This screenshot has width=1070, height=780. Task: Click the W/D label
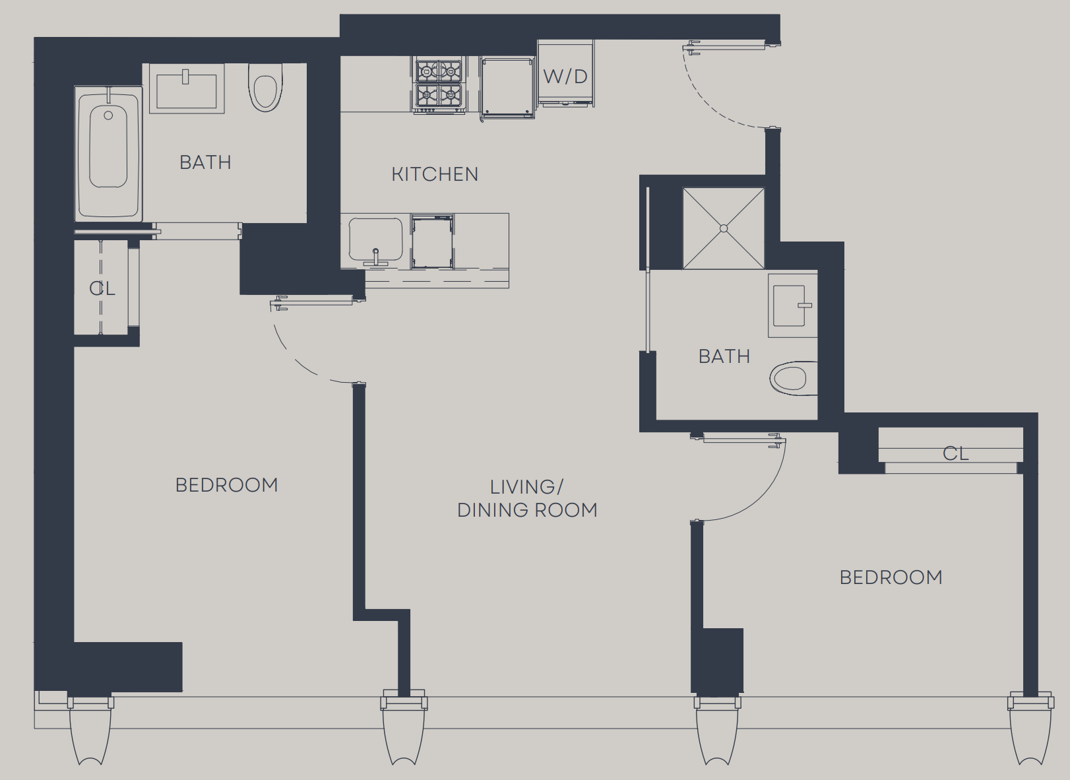tap(565, 77)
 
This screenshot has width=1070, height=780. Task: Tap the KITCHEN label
tap(435, 174)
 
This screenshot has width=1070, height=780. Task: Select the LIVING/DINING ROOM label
tap(527, 498)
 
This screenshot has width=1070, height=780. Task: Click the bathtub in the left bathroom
tap(108, 153)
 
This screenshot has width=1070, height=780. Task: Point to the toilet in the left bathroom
tap(265, 88)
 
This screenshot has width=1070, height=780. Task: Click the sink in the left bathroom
tap(187, 88)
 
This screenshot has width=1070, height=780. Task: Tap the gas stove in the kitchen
tap(439, 84)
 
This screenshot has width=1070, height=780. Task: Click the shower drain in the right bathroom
tap(724, 228)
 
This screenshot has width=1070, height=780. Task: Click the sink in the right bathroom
tap(792, 306)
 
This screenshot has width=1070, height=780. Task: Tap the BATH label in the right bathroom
tap(724, 356)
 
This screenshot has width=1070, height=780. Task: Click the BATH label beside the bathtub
tap(205, 162)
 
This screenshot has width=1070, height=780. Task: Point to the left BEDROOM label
tap(226, 485)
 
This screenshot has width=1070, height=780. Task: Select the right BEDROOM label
tap(891, 577)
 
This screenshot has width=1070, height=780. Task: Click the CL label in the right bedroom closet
tap(955, 453)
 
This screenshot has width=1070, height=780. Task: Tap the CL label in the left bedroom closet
tap(102, 288)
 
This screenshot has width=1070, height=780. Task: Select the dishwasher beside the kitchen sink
tap(432, 242)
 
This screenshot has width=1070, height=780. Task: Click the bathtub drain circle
tap(108, 115)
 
